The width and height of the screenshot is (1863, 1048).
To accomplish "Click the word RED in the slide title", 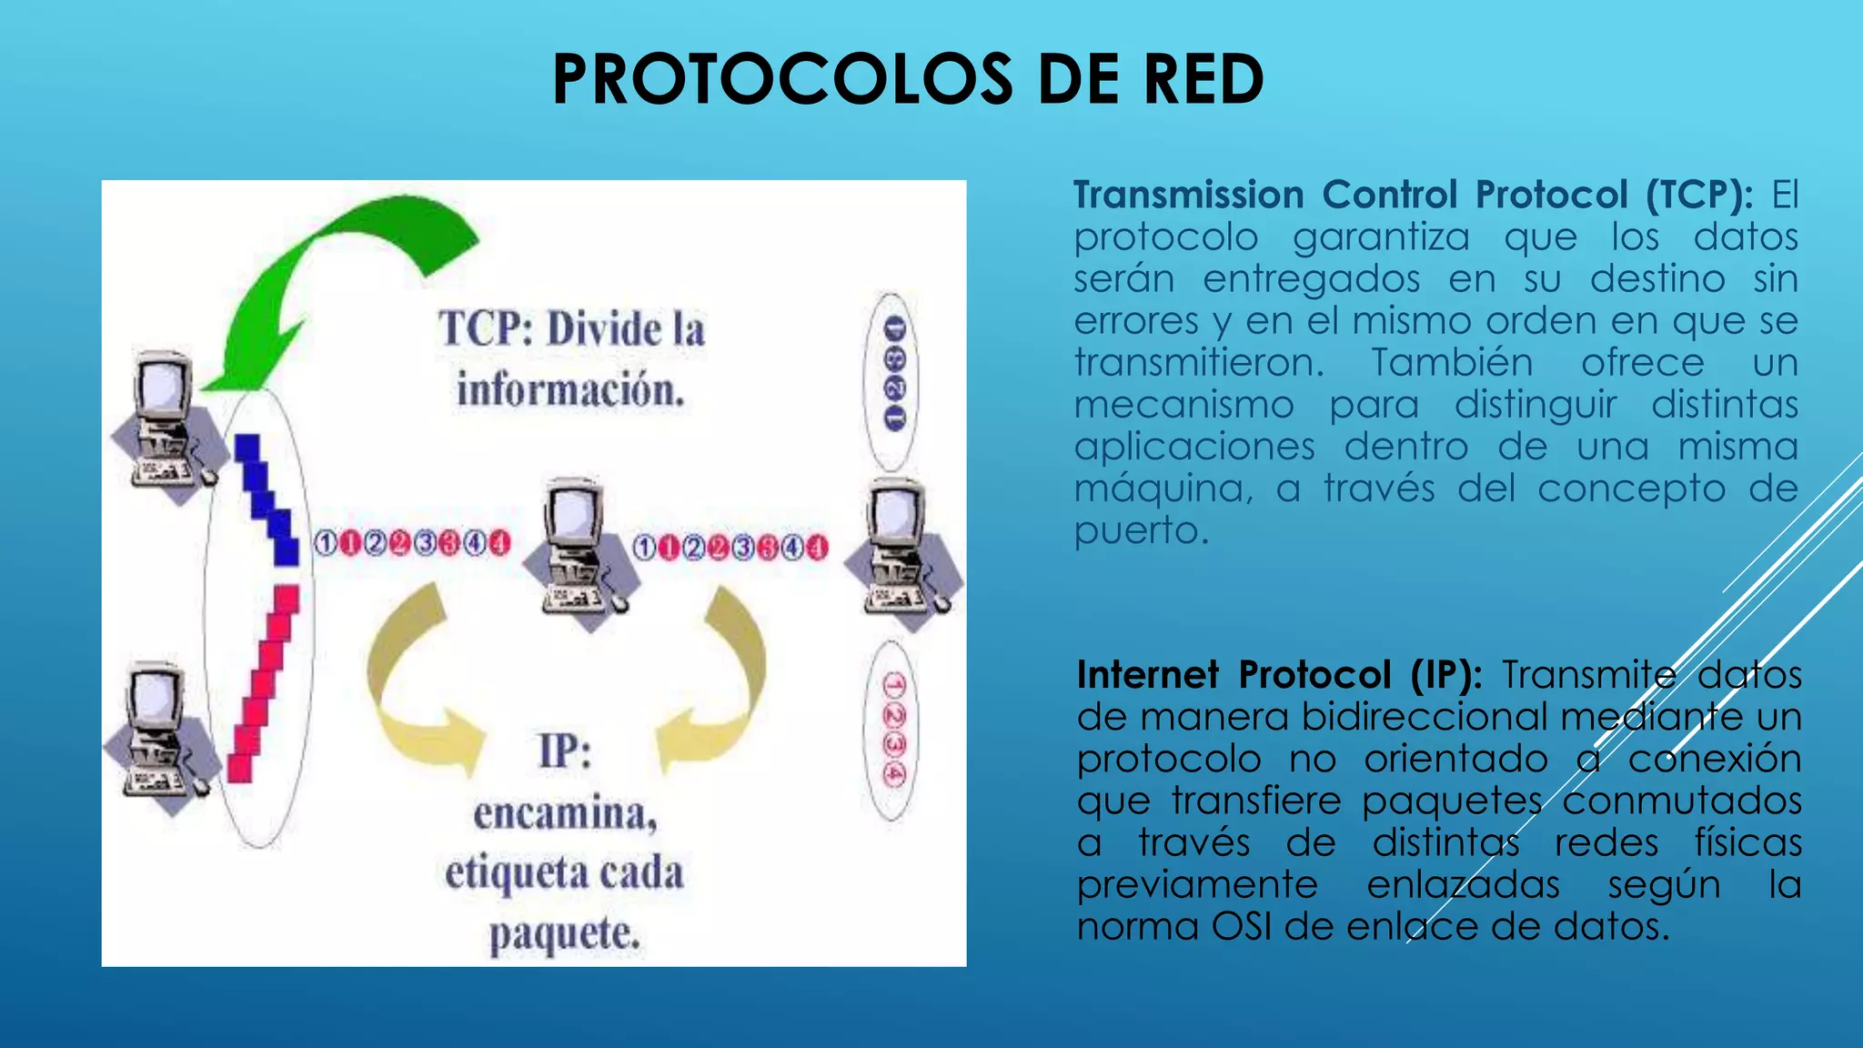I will pyautogui.click(x=1203, y=80).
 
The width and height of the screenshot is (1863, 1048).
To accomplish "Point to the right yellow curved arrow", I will pyautogui.click(x=723, y=678).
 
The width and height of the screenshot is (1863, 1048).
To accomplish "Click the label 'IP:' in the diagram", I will pyautogui.click(x=564, y=752).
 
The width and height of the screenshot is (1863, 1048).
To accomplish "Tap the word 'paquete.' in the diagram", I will pyautogui.click(x=564, y=934).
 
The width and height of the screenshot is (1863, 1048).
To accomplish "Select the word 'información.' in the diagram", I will pyautogui.click(x=570, y=390).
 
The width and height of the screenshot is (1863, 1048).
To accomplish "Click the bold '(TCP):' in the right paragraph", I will pyautogui.click(x=1698, y=195).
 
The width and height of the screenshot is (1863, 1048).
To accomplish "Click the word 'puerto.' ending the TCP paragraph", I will pyautogui.click(x=1141, y=530).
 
